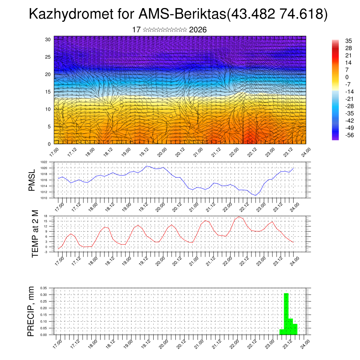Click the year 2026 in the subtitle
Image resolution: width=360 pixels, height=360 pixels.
pos(198,30)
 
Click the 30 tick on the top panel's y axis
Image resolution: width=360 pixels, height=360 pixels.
pos(48,39)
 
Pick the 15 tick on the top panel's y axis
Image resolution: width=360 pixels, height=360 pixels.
pos(48,92)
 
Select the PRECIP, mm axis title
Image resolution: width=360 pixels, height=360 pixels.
pos(32,311)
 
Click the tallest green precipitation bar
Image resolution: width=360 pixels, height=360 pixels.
pos(286,313)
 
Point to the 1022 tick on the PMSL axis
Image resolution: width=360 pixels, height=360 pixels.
pos(44,162)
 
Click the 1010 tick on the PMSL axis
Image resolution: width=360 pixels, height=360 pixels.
pos(44,198)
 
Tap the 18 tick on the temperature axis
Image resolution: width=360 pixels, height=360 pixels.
pos(46,216)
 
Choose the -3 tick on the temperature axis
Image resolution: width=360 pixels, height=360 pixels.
pos(46,252)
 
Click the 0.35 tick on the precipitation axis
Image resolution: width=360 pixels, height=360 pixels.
pos(44,288)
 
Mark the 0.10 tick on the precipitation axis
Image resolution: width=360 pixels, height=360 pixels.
pos(44,322)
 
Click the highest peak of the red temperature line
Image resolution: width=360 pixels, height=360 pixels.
pos(239,217)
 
